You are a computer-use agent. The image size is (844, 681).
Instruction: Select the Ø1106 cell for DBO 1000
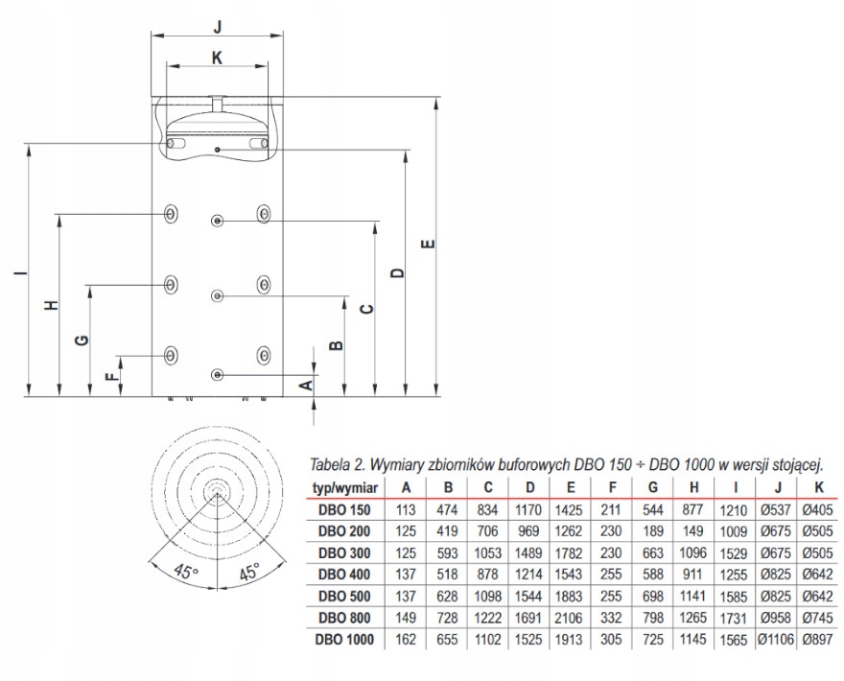pos(777,638)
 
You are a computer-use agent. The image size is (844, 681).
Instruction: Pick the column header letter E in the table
pos(570,487)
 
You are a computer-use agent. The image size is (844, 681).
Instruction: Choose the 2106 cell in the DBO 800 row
pos(570,617)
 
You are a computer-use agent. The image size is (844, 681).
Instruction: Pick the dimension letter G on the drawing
pos(82,340)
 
